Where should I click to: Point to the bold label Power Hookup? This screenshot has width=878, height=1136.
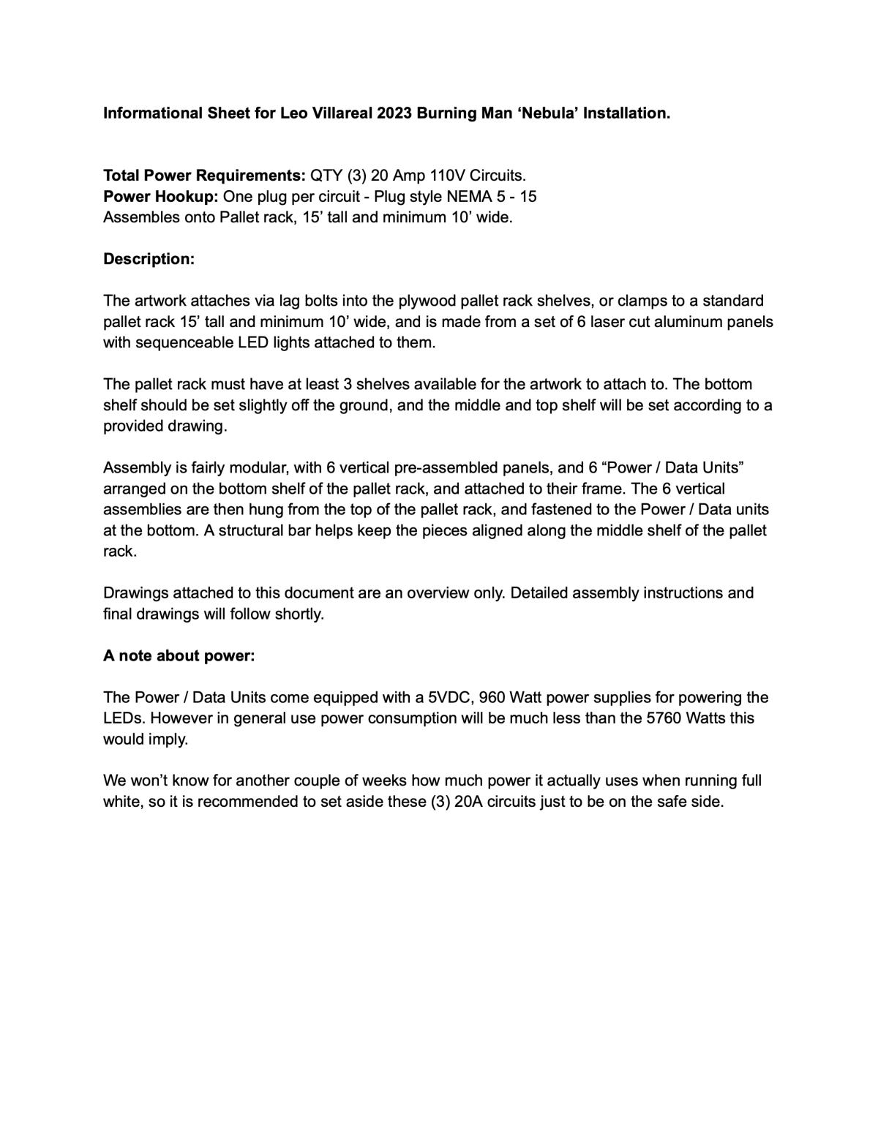coord(161,197)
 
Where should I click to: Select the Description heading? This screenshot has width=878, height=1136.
coord(149,259)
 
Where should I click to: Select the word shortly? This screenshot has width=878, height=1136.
coord(299,614)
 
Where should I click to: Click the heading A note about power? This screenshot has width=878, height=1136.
coord(179,655)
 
